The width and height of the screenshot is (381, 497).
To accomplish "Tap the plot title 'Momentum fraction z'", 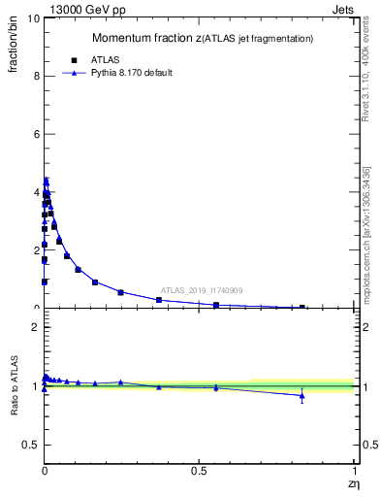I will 145,38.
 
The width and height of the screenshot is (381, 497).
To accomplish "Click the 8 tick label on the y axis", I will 35,76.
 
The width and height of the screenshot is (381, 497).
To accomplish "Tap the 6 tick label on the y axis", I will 35,134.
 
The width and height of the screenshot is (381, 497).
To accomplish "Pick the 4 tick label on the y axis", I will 35,192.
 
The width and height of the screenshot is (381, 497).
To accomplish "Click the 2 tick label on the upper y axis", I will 35,250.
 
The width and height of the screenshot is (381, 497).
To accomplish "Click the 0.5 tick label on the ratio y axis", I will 30,445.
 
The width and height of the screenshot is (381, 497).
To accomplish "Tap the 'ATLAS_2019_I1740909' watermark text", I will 202,290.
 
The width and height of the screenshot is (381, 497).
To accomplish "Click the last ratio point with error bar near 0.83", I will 302,395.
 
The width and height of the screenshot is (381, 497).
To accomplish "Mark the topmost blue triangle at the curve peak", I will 46,180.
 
